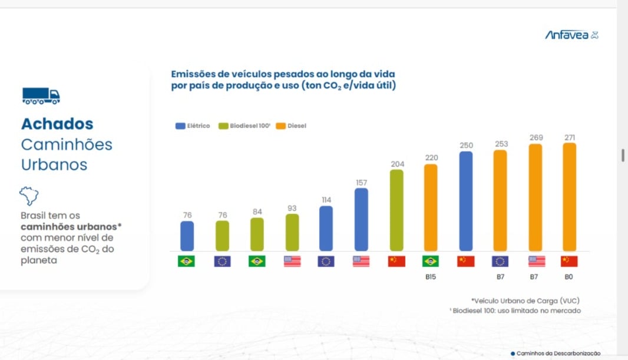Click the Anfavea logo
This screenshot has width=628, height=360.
point(571,35)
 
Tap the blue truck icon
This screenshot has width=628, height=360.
point(41,96)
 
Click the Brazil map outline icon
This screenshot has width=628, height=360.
point(29,196)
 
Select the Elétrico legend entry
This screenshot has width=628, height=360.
point(193,125)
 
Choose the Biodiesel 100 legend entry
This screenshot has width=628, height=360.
point(244,125)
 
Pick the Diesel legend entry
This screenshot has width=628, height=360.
point(291,125)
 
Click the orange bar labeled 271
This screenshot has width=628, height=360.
point(570,197)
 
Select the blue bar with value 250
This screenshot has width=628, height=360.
point(466,201)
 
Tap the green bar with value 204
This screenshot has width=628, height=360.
point(396,210)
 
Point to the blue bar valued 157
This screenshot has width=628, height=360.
point(361,219)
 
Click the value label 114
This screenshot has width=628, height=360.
point(326,200)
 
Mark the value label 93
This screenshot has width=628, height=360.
point(292,208)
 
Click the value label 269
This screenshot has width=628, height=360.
point(536,138)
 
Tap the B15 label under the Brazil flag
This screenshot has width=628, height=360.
point(431,277)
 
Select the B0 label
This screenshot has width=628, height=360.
point(568,277)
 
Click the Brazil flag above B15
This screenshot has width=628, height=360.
point(431,261)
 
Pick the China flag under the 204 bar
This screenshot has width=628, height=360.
point(396,261)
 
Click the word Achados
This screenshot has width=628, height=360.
point(57,124)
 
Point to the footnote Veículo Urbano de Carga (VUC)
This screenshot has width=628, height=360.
point(525,300)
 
